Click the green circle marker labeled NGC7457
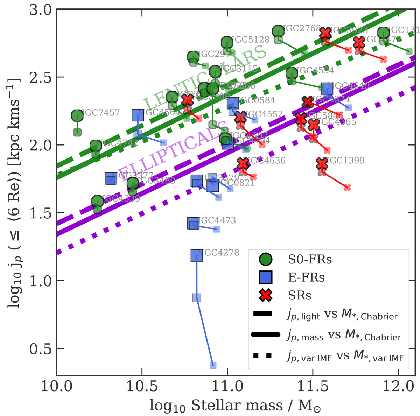click(x=77, y=115)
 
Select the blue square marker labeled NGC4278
click(x=197, y=255)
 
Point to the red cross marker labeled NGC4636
click(x=243, y=164)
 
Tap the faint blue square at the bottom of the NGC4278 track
click(x=213, y=365)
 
